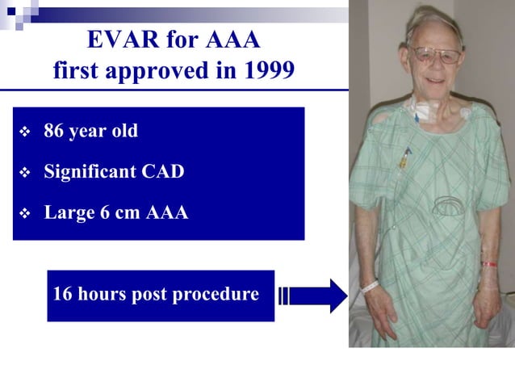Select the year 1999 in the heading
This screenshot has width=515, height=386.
(x=269, y=72)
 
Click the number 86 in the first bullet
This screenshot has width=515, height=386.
(x=54, y=131)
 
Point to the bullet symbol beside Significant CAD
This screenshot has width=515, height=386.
(x=24, y=172)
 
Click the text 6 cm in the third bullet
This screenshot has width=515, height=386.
(x=117, y=213)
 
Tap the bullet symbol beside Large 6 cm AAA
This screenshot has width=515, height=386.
(x=24, y=214)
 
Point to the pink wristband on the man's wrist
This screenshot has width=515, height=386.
(x=489, y=264)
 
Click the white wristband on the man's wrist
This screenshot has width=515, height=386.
(x=369, y=285)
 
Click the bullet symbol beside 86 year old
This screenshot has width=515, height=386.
(x=24, y=132)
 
